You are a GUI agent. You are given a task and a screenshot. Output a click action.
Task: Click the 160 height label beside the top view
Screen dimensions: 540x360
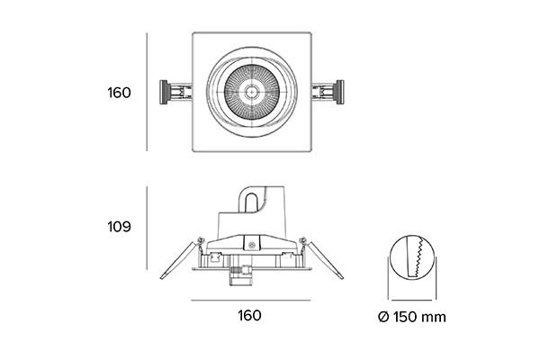point(119,93)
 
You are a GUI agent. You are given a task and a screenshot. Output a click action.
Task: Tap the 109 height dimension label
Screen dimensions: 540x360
point(119,227)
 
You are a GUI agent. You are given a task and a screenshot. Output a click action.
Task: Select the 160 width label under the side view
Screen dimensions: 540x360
point(249,316)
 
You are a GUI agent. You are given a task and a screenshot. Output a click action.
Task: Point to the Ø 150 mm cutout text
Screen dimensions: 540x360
point(412,317)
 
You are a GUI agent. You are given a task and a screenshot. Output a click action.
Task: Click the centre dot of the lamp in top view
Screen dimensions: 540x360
point(252,92)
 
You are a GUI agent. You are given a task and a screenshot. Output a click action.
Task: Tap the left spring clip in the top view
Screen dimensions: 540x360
point(175,92)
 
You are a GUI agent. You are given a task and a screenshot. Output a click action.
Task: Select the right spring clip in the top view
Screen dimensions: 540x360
point(328,92)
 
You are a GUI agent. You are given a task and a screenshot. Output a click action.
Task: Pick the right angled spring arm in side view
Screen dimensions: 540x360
point(325,260)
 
